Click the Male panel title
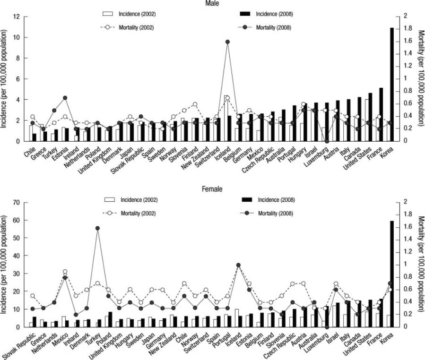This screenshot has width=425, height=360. (212, 3)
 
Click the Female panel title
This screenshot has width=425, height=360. (212, 189)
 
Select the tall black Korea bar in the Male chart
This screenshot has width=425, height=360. (391, 85)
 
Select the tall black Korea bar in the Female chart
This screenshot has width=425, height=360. (391, 274)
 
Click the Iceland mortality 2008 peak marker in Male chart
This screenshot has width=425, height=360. (227, 42)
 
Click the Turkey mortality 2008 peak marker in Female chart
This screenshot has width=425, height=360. (98, 228)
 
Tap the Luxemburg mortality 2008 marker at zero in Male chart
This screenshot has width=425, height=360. (326, 141)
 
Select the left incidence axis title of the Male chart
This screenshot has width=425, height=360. (4, 79)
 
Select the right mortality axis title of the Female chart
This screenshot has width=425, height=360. (420, 265)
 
